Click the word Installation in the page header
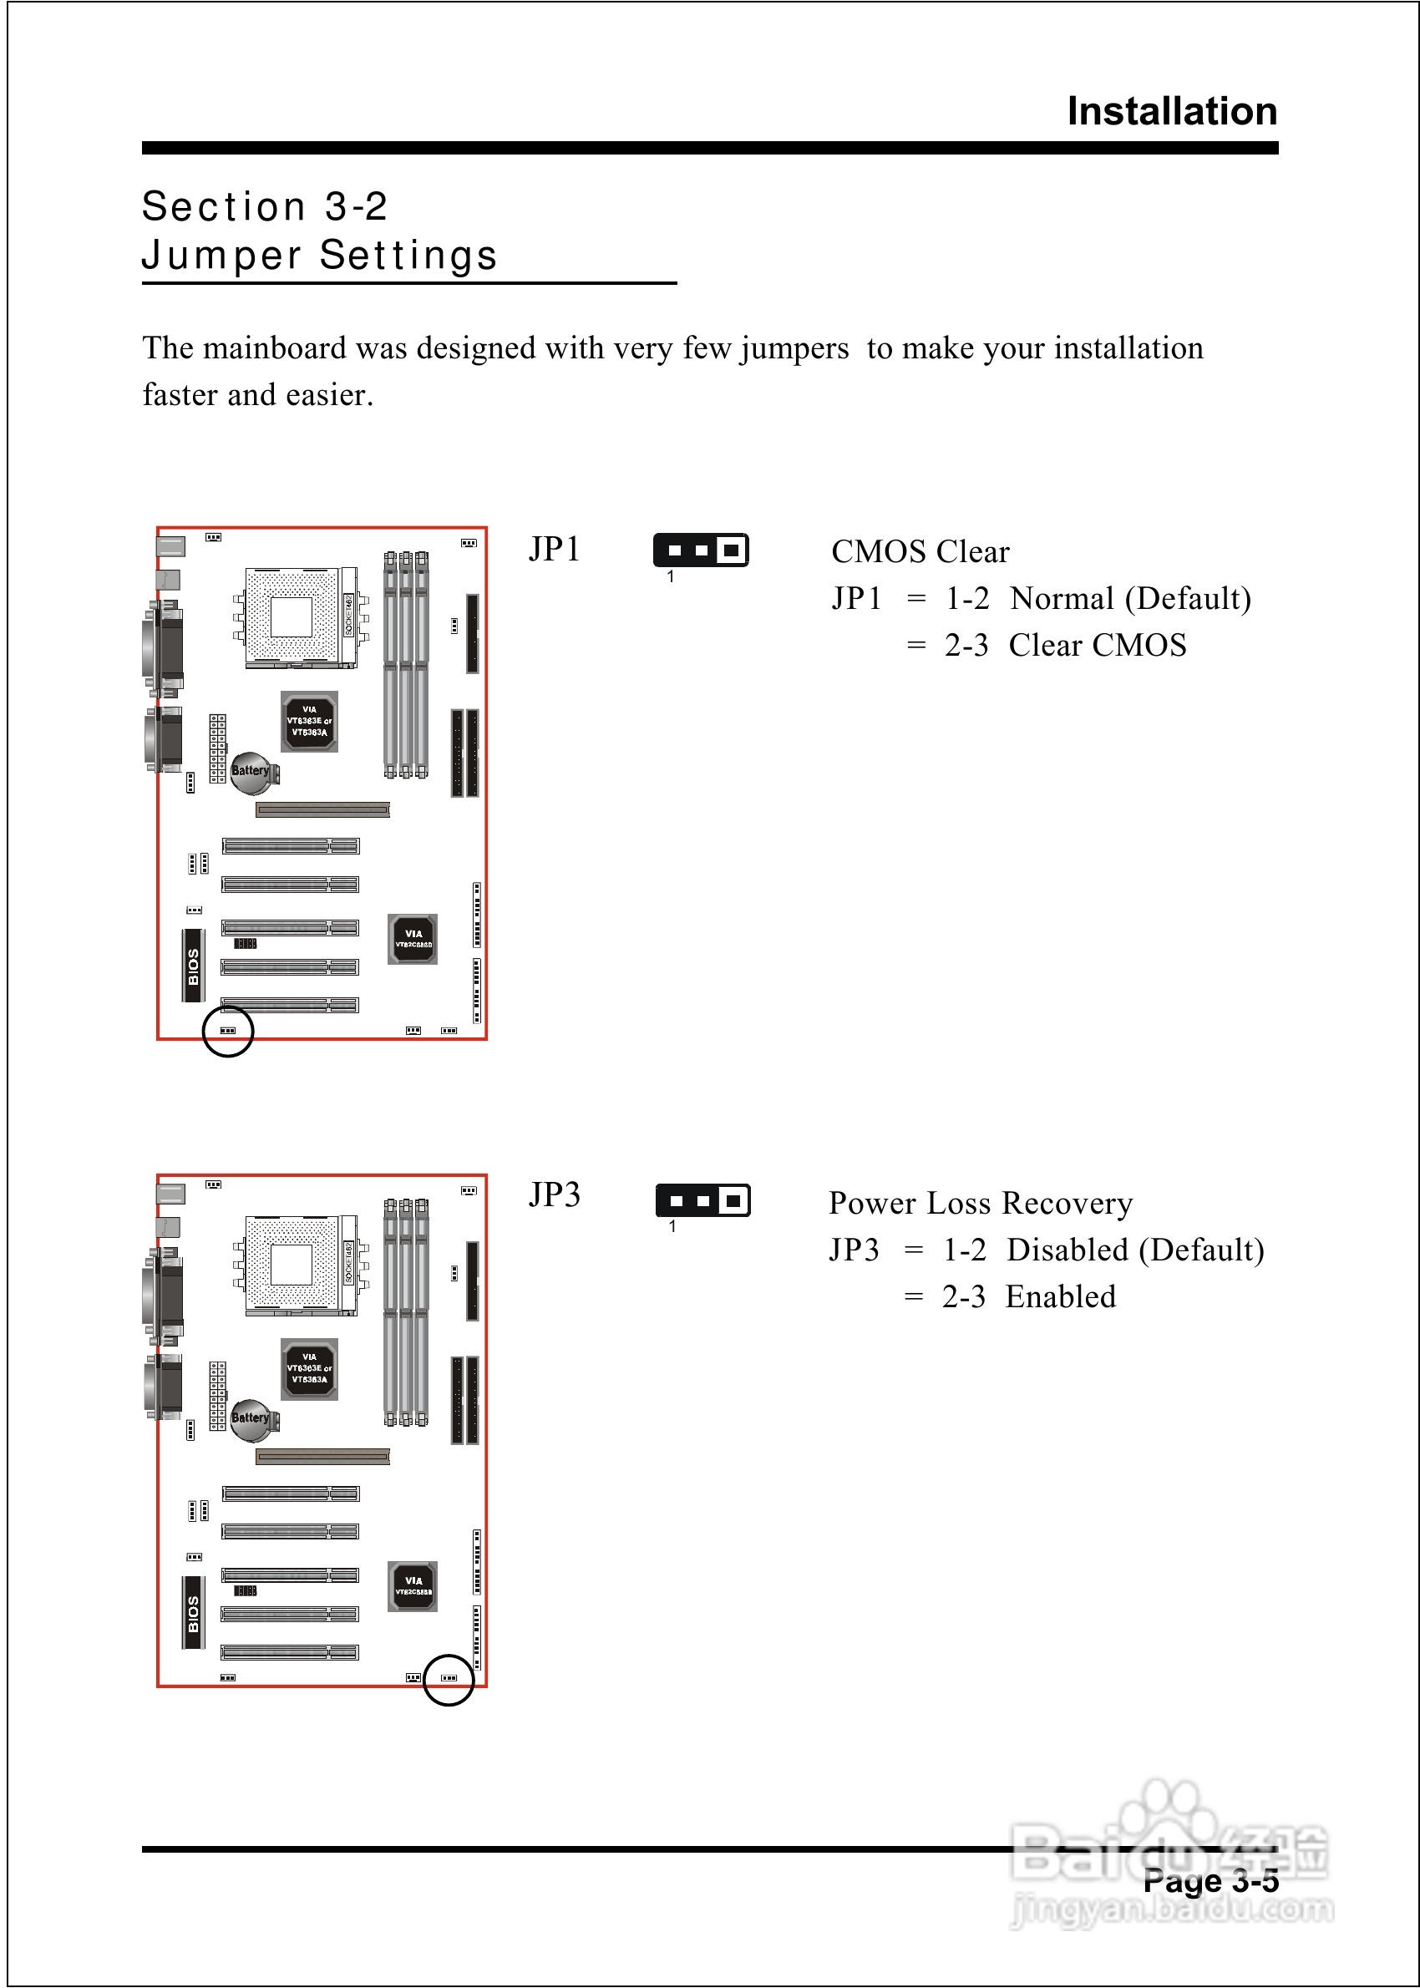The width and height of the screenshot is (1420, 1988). [x=1172, y=112]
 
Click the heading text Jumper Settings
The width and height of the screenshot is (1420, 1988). [x=319, y=256]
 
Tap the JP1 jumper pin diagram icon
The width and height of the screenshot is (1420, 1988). [x=700, y=550]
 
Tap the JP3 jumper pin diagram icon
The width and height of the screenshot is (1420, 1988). [x=702, y=1200]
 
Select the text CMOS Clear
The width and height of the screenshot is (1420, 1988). [x=920, y=551]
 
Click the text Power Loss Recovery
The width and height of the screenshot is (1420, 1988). [x=980, y=1204]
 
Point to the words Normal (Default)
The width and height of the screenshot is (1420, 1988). [x=1129, y=599]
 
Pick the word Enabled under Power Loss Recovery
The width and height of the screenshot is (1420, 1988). [x=1060, y=1296]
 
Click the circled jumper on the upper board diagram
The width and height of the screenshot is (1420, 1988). [x=227, y=1031]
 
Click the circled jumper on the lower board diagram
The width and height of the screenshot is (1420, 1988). [x=449, y=1677]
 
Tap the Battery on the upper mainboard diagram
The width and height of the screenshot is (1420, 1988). [x=251, y=772]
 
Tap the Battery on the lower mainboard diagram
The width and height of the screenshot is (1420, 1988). [x=251, y=1418]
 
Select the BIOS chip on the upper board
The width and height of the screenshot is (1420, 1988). [x=193, y=966]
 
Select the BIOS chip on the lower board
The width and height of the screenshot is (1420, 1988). [x=193, y=1614]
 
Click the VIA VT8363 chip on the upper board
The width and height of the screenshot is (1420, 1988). [x=310, y=721]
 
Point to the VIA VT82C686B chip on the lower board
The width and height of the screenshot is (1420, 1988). [x=413, y=1586]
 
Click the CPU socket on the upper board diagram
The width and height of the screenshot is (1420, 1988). [x=292, y=617]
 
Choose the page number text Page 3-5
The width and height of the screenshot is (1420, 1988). [x=1210, y=1881]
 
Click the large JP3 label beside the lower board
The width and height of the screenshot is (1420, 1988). [x=555, y=1195]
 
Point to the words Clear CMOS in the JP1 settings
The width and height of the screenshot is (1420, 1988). [x=1098, y=645]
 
